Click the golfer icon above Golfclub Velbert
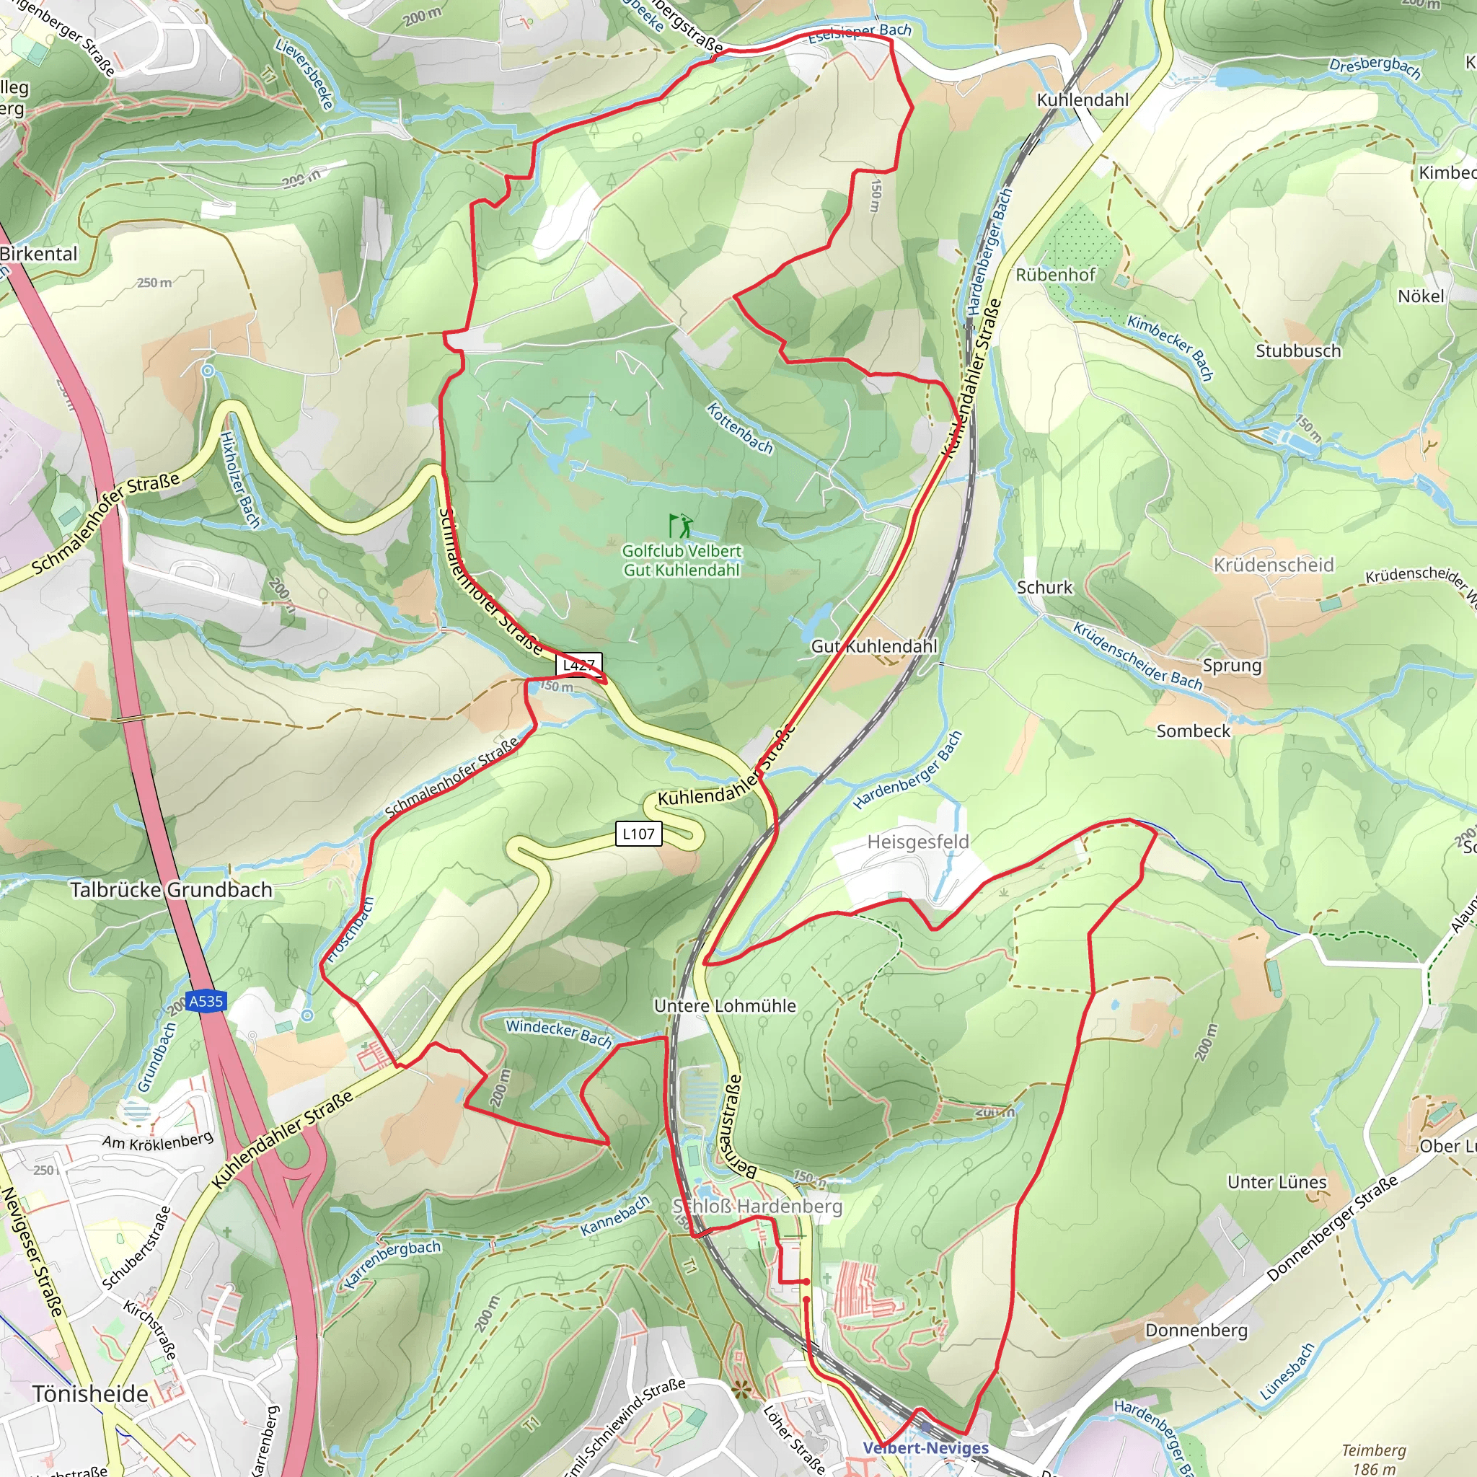[x=680, y=526]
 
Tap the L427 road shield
[x=578, y=664]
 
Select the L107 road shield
[x=638, y=833]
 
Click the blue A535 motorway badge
[x=206, y=1001]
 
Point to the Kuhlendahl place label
[x=1082, y=100]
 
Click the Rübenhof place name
[x=1055, y=275]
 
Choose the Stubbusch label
[x=1298, y=351]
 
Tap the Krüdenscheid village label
[x=1274, y=565]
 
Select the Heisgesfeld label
[x=917, y=842]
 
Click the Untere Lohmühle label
[x=725, y=1006]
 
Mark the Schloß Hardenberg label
[x=757, y=1206]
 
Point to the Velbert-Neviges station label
[x=925, y=1448]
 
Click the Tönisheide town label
[x=90, y=1393]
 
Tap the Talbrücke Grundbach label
[x=171, y=890]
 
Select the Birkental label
[x=38, y=254]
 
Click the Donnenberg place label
[x=1196, y=1330]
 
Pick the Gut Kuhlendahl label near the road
[x=873, y=646]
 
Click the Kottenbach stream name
[x=739, y=428]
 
